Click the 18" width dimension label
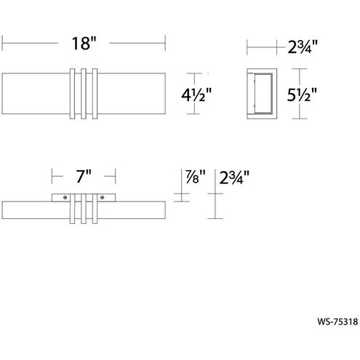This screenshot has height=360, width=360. (84, 43)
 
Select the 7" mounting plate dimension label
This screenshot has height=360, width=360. (84, 176)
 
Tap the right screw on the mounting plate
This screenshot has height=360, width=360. (103, 197)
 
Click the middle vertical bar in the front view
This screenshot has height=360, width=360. (84, 94)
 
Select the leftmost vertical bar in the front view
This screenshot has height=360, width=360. (73, 94)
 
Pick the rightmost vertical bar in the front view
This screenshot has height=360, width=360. (95, 94)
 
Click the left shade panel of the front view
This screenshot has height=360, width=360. (36, 94)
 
